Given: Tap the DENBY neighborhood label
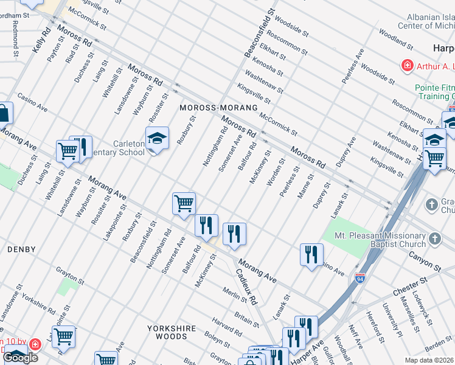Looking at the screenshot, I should click(21, 249).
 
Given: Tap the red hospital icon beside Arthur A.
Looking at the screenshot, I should click(405, 64).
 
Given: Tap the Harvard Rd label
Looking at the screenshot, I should click(227, 327).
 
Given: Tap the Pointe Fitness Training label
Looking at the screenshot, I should click(434, 92).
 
